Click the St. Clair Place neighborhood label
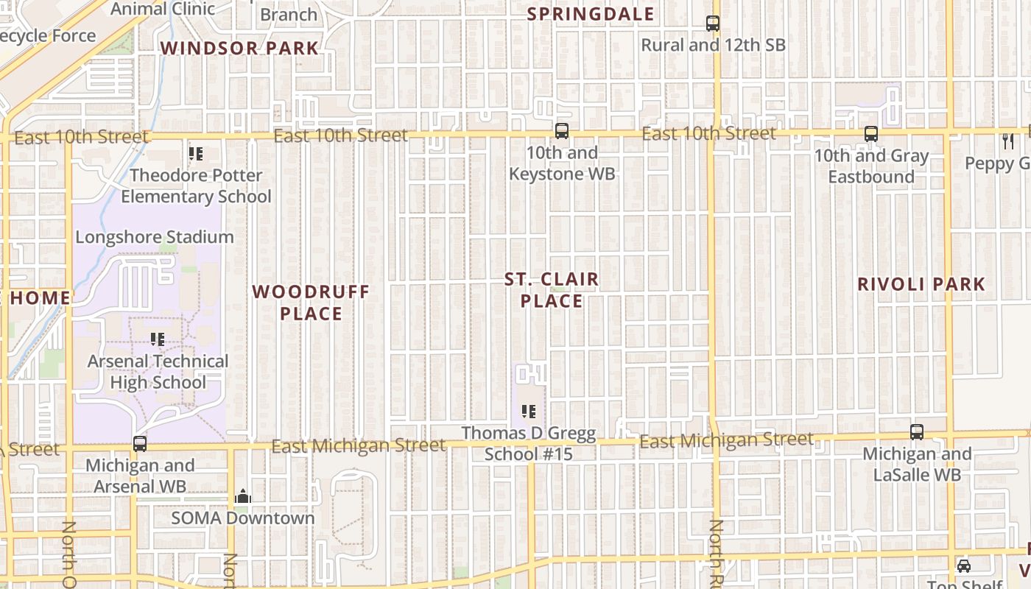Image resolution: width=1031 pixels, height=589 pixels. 552,290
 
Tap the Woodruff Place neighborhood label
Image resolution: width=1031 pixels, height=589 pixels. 311,303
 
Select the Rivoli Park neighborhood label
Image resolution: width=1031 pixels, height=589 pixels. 921,284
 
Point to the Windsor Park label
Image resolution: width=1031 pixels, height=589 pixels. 239,49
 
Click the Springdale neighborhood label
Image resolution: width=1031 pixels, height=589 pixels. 591,14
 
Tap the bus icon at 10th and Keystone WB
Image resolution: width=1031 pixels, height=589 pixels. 562,131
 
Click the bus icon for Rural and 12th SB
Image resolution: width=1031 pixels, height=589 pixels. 712,24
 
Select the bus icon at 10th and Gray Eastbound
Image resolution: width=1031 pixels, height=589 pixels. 871,134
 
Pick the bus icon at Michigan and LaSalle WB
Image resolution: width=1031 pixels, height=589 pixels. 917,432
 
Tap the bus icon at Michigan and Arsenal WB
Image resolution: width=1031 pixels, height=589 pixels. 140,444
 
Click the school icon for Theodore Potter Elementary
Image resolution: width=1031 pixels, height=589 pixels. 196,154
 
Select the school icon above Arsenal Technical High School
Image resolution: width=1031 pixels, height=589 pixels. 158,339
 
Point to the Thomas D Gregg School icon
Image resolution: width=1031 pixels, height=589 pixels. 528,412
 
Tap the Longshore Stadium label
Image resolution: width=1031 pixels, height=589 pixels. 155,237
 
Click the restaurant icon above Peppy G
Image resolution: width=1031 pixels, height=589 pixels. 1008,141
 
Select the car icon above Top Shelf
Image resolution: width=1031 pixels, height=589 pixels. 963,566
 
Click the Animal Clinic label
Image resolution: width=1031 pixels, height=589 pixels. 163,9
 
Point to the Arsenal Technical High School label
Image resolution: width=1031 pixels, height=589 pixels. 158,372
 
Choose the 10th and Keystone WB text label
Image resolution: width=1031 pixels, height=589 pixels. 562,163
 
